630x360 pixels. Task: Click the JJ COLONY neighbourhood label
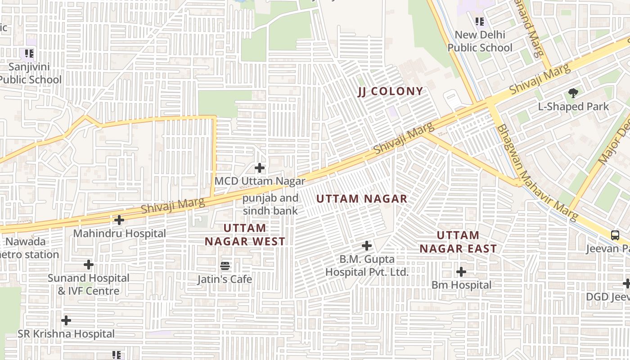tap(391, 91)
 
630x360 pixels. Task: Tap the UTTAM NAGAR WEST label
tap(245, 234)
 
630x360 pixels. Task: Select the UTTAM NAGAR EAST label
tap(458, 242)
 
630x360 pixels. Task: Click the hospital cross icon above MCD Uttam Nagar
tap(260, 168)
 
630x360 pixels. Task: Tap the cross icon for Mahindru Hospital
tap(119, 220)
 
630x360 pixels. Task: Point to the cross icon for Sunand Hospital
tap(89, 264)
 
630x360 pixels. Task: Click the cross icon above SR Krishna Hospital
tap(66, 320)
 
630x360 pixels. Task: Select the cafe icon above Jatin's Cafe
tap(225, 266)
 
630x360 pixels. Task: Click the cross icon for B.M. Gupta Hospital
tap(367, 246)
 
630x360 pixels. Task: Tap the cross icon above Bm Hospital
tap(461, 272)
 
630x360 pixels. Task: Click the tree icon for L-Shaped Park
tap(573, 94)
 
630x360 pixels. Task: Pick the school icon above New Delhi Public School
tap(480, 21)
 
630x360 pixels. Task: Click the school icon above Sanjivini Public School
tap(29, 54)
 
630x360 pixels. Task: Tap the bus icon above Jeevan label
tap(615, 235)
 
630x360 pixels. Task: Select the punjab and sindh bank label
tap(270, 204)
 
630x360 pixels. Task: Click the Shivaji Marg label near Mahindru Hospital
tap(172, 206)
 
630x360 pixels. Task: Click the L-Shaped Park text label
tap(573, 107)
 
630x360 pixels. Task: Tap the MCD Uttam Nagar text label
tap(260, 181)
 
